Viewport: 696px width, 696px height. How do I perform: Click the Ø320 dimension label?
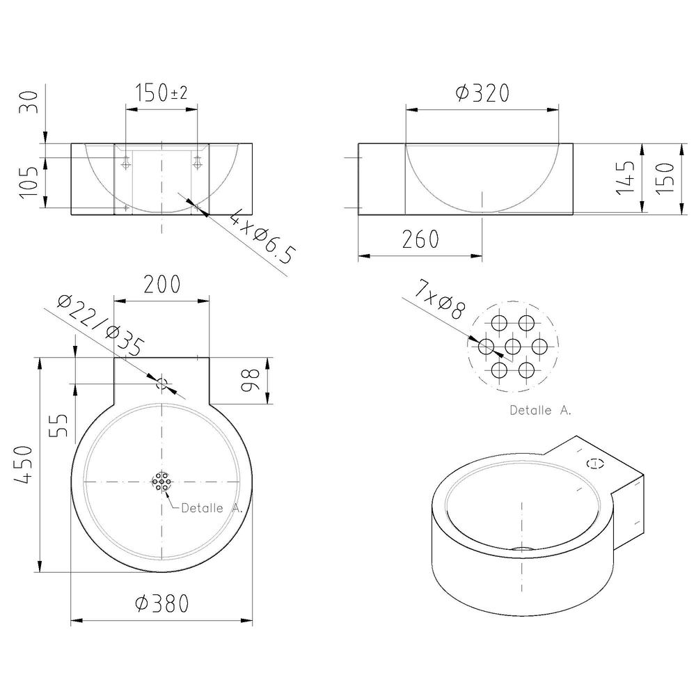(482, 93)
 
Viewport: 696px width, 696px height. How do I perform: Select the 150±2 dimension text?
(161, 93)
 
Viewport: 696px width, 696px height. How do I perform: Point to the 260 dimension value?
(420, 239)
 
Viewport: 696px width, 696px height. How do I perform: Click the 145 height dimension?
(625, 177)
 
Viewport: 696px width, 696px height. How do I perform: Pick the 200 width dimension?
(162, 285)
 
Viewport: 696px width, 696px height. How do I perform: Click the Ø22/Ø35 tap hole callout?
(101, 326)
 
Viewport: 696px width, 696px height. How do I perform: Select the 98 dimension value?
(250, 381)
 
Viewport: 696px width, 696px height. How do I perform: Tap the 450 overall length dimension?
(23, 465)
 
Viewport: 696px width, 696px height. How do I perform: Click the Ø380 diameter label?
(162, 603)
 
